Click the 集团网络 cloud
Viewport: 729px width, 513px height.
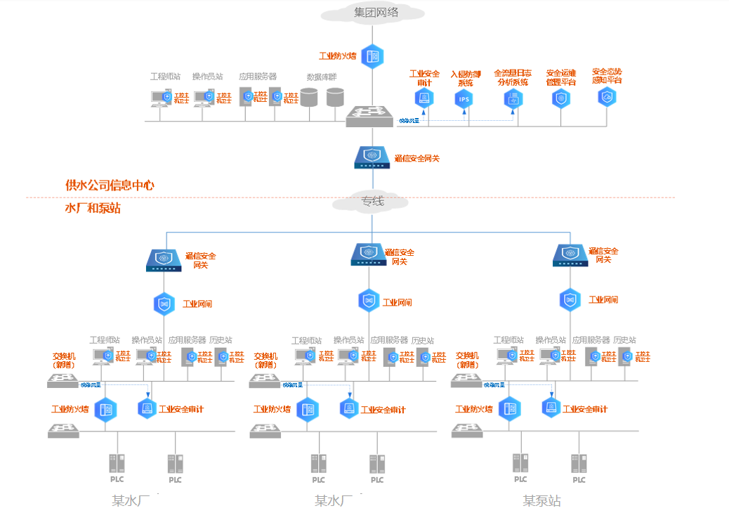(x=373, y=13)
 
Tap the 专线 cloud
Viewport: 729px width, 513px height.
(x=373, y=202)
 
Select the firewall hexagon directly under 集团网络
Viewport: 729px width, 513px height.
(x=372, y=56)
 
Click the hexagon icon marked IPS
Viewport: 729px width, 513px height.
(x=464, y=99)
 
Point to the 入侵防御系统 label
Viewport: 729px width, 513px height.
(x=464, y=78)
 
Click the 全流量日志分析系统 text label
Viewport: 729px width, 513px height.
(x=513, y=77)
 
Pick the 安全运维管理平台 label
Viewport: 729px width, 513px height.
(x=560, y=77)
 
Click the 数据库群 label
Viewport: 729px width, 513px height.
(x=322, y=77)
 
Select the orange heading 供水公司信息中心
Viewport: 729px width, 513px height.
(x=110, y=186)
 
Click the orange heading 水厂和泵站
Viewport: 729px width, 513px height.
(x=93, y=209)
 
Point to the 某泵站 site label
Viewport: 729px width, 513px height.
(x=541, y=501)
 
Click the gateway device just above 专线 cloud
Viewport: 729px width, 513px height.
(x=372, y=158)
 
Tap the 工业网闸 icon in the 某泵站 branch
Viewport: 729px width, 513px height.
(x=570, y=300)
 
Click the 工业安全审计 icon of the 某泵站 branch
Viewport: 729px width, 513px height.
(x=551, y=407)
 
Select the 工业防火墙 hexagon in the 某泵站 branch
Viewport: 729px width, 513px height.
(x=509, y=408)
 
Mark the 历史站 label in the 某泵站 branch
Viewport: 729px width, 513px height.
(x=624, y=340)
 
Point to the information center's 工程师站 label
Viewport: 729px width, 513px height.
(x=166, y=77)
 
